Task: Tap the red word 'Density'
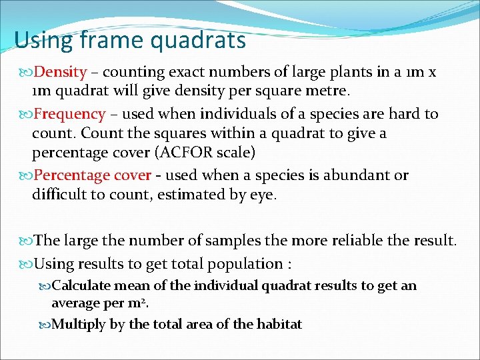click(60, 72)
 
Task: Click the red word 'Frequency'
click(69, 114)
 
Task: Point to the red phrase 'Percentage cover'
click(92, 175)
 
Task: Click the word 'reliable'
click(383, 240)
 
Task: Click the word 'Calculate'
click(83, 286)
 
